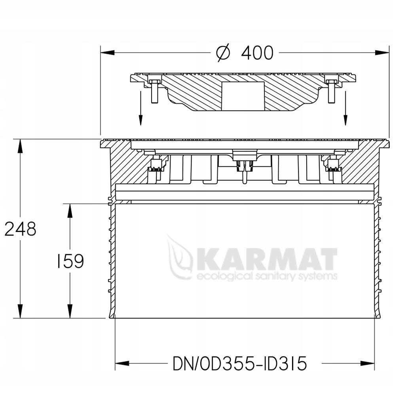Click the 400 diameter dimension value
coord(257,53)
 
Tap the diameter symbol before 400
coord(223,53)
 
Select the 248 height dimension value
coord(20,229)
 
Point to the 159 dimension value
coord(70,261)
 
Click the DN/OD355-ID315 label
coord(240,364)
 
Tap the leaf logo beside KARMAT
coord(179,256)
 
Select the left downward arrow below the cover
coord(140,108)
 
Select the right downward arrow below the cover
coord(345,108)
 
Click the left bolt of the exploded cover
coord(154,91)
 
